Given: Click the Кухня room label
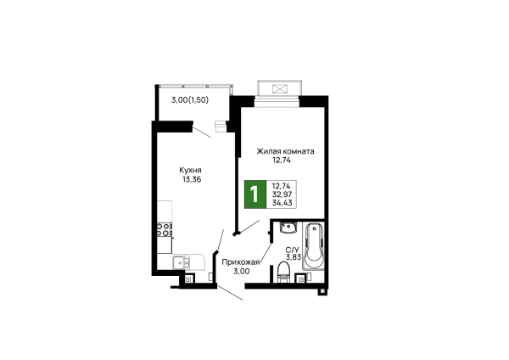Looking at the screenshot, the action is (190, 171).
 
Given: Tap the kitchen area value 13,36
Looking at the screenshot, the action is (192, 179).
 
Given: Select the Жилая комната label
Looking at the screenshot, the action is (285, 151).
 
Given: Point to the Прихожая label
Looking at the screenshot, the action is (241, 262).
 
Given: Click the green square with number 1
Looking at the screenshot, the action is (255, 194).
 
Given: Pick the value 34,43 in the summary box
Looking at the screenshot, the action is (282, 203).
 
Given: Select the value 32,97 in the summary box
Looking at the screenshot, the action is (282, 194).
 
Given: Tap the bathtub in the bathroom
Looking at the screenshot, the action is (313, 245).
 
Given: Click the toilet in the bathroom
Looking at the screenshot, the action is (283, 273).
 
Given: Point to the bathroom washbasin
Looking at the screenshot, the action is (287, 228).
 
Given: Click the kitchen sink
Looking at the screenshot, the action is (181, 262).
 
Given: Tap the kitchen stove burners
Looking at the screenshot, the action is (165, 229).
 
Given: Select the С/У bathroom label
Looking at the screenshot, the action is (292, 250).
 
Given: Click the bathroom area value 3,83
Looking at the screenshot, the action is (294, 257).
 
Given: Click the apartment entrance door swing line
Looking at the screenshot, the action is (230, 293).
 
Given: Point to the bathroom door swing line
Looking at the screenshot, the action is (266, 255).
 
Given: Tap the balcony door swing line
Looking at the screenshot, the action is (202, 132).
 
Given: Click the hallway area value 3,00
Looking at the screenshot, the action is (242, 271).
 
